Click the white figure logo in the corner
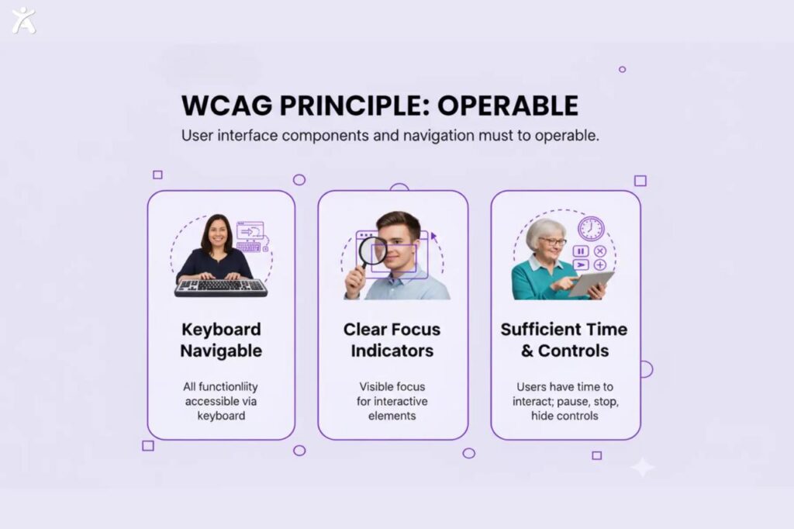click(23, 19)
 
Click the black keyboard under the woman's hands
click(221, 288)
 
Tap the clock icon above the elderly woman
click(590, 228)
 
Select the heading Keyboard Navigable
click(221, 340)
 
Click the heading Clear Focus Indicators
click(392, 340)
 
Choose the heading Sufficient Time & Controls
click(564, 340)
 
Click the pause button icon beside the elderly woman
click(580, 251)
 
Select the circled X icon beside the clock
click(599, 251)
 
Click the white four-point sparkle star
click(642, 467)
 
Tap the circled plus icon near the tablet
click(599, 265)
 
